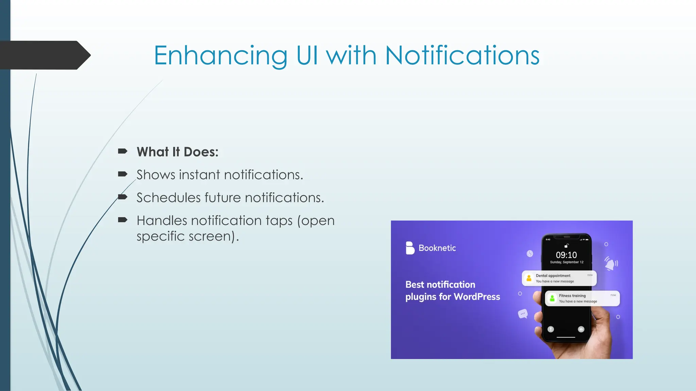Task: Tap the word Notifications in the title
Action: coord(462,56)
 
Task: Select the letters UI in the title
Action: coord(307,56)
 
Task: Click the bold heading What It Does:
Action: coord(177,152)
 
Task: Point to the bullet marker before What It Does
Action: coord(122,151)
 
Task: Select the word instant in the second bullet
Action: coord(199,175)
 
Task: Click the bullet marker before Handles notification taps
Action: coord(122,220)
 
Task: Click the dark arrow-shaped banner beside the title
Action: coord(44,55)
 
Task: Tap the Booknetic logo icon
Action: coord(410,248)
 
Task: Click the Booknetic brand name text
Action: coord(437,248)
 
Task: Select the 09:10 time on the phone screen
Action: coord(566,255)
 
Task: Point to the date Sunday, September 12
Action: coord(567,262)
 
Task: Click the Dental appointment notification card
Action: coord(559,278)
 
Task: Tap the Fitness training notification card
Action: coord(582,298)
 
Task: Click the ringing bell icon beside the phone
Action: coord(611,263)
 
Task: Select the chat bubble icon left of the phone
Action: coord(523,314)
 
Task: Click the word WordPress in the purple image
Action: coord(476,297)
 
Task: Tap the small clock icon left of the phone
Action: coord(530,254)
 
